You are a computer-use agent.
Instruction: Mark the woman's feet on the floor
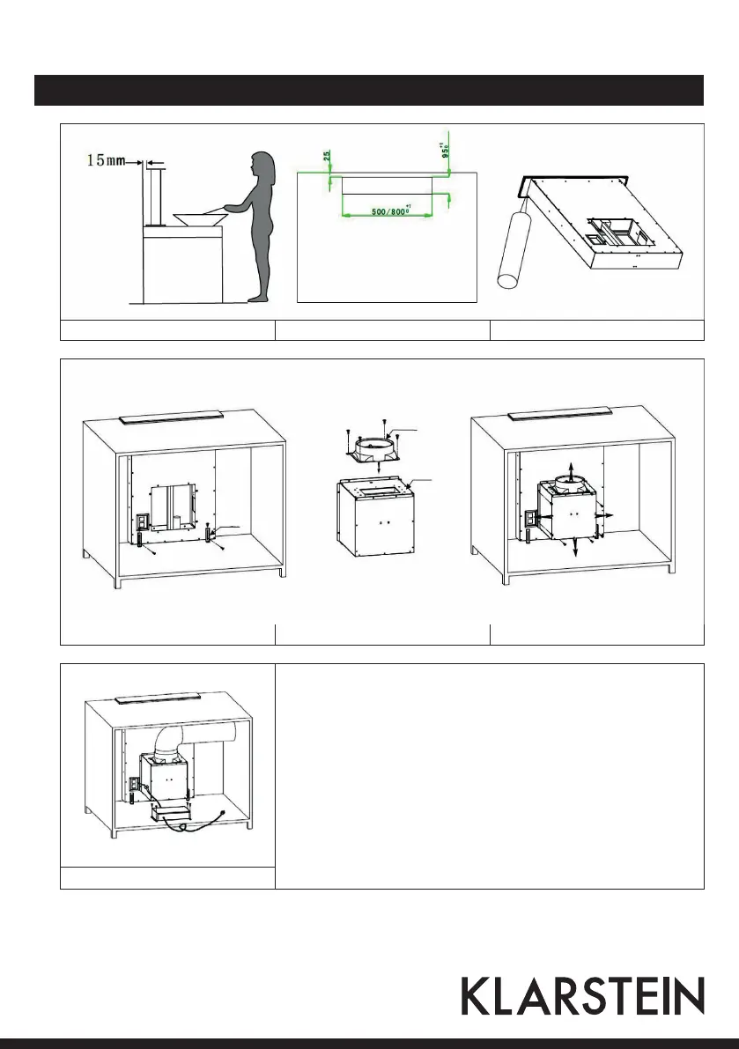(x=257, y=299)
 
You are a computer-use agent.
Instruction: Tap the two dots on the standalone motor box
(x=379, y=521)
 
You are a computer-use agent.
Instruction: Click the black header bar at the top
(x=369, y=90)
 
